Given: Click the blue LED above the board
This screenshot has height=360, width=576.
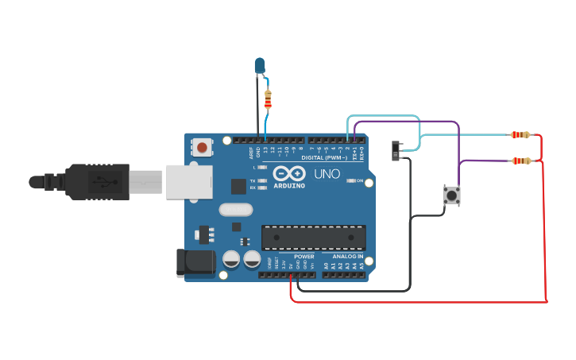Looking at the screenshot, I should click(260, 65).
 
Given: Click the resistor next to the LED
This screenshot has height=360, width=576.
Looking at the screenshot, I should click(268, 99).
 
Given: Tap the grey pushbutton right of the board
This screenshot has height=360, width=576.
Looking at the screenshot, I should click(451, 195).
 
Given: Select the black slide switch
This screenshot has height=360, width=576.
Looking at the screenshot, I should click(396, 150).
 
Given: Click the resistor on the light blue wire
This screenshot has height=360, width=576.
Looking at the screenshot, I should click(520, 134).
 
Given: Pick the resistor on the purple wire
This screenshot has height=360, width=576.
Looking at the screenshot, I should click(521, 161).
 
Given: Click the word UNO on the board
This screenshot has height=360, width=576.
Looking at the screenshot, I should click(327, 173).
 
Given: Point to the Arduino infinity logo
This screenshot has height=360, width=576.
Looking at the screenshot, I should click(288, 173).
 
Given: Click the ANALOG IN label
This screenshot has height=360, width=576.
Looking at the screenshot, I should click(347, 257).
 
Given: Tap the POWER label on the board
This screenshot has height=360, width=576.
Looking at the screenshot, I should click(304, 257).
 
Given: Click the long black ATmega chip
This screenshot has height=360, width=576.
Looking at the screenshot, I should click(314, 237).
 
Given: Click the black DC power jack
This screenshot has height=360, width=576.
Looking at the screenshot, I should click(195, 263).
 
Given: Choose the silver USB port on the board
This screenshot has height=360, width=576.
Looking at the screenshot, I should click(188, 181).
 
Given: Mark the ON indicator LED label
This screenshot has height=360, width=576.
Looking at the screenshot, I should click(360, 180).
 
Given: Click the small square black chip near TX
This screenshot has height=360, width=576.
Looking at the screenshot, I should click(238, 186).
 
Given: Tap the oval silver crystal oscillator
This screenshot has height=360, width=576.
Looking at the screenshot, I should click(235, 210).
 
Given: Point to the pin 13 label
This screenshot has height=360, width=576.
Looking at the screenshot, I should click(265, 149).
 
